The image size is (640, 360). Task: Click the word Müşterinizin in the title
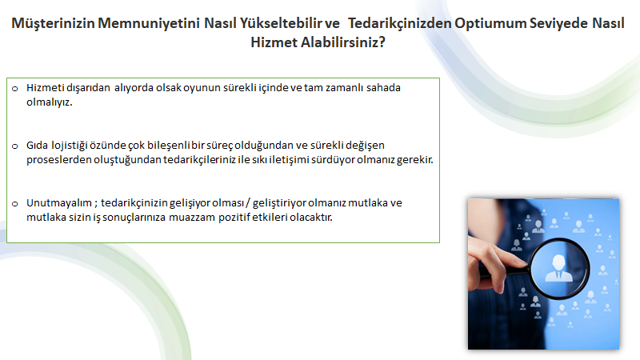[x=53, y=24]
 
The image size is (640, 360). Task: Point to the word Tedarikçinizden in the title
[x=399, y=24]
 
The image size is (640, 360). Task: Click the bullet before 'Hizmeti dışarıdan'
[x=15, y=88]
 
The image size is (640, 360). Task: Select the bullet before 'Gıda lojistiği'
[x=15, y=146]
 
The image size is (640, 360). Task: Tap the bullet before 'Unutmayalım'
[x=15, y=203]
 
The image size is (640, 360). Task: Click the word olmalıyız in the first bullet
[x=49, y=102]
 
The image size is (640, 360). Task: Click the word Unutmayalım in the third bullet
[x=59, y=203]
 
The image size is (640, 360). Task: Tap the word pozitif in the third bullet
[x=234, y=218]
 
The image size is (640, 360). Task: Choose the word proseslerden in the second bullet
[x=58, y=160]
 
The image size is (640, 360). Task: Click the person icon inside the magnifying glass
[x=558, y=268]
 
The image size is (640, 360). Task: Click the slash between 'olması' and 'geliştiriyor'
[x=248, y=203]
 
